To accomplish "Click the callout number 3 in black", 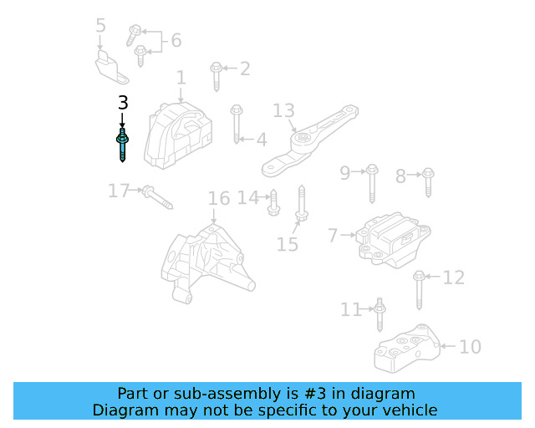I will [x=123, y=104].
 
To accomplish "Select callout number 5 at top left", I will [x=100, y=26].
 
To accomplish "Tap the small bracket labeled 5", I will [x=110, y=67].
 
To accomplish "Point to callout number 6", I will [x=176, y=40].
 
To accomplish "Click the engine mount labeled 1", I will [x=177, y=135].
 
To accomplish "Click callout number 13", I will [x=284, y=111].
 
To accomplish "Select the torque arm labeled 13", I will [x=305, y=142].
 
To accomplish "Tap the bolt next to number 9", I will [x=373, y=184].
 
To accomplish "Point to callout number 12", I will [x=453, y=278].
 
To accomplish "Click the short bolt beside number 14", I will [x=273, y=202].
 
